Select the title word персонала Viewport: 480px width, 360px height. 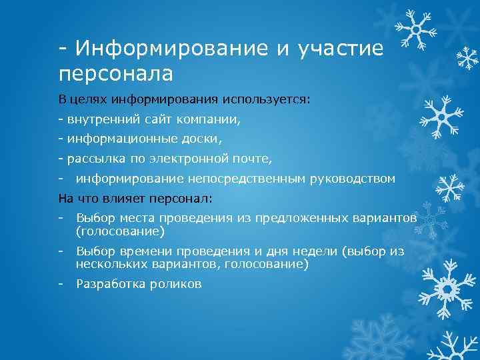[x=115, y=72]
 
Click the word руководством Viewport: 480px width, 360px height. [x=355, y=179]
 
